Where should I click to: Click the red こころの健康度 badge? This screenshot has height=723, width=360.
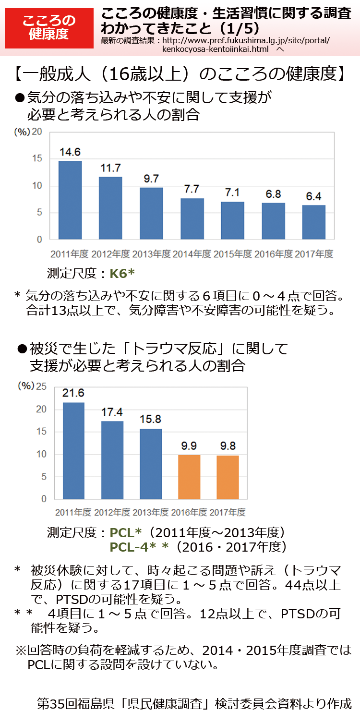coord(49,27)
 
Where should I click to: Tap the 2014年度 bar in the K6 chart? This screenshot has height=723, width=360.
coord(192,218)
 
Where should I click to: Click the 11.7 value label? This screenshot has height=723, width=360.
coord(110,168)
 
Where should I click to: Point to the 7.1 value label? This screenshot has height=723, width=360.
coord(232,193)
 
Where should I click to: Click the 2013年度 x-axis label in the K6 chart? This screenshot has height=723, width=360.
coord(151,254)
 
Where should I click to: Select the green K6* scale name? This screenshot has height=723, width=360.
coord(122,274)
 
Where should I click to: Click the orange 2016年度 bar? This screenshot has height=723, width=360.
coord(189,477)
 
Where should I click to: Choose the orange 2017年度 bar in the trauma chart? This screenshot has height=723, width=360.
coord(228,477)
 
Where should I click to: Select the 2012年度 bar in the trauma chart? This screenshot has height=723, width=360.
coord(112,460)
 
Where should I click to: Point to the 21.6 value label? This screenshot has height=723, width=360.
coord(73,393)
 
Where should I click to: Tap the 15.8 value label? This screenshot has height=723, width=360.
coord(150,419)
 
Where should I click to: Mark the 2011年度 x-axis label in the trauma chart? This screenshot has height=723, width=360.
coord(73,512)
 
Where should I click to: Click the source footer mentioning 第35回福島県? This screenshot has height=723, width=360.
coord(194,704)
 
